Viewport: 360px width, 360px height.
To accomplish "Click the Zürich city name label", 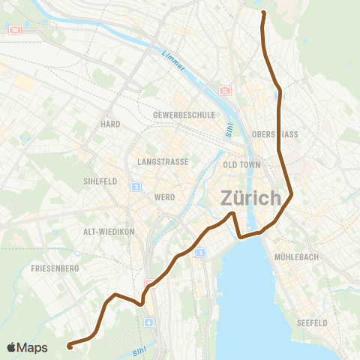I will point(250,199).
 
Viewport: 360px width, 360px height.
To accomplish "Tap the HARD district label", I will point(110,124).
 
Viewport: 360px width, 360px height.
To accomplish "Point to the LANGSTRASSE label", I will point(161,161).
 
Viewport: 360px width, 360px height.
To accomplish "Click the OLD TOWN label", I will point(241,164).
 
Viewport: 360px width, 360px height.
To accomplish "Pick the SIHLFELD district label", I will point(98,181).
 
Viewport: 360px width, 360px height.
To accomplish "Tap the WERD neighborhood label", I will point(164,197).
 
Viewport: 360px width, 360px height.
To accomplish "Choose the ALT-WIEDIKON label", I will point(109,232).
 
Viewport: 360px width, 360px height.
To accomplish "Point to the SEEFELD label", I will point(313,322).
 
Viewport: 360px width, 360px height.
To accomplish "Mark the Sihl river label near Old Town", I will point(229,129).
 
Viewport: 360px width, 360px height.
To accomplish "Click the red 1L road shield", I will point(225,91).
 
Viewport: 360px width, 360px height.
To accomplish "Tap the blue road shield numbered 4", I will point(148,322).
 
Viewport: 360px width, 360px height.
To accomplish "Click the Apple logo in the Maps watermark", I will point(11,347).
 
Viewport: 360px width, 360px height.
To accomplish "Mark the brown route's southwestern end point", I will point(69,346).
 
